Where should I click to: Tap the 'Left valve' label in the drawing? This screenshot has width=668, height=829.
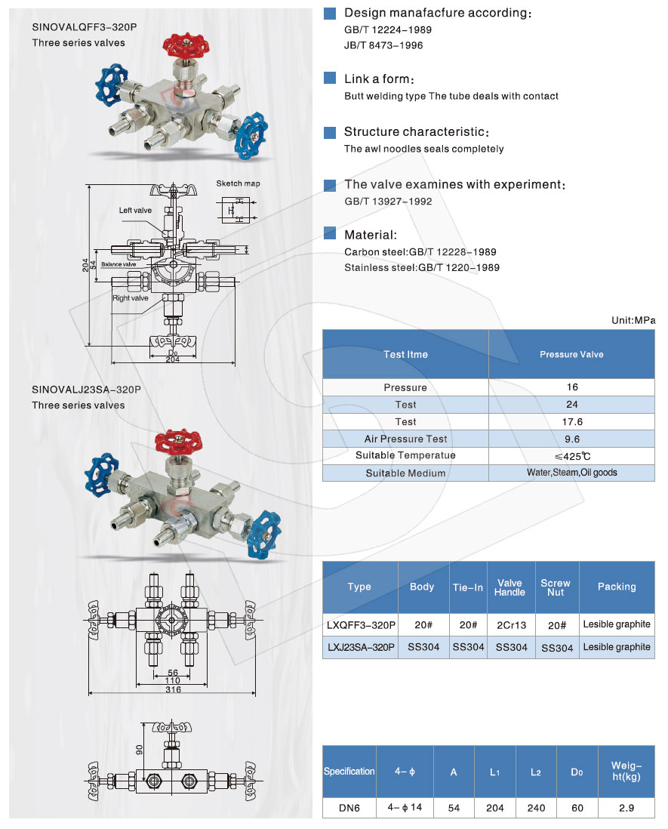[x=135, y=211]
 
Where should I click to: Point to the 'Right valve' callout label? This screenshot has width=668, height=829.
[x=130, y=298]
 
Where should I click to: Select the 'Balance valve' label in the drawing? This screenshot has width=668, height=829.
[x=119, y=264]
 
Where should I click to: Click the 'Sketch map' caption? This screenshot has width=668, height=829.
[x=238, y=183]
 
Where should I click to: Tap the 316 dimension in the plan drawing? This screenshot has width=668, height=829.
[x=173, y=689]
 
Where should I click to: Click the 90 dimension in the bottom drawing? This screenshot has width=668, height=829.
[x=140, y=750]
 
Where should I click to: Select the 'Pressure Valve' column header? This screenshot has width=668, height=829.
[x=571, y=354]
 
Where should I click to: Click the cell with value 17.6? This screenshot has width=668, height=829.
[x=572, y=422]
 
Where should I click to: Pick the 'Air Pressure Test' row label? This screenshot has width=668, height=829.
[x=405, y=439]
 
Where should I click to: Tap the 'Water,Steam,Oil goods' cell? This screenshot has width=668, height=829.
[x=572, y=473]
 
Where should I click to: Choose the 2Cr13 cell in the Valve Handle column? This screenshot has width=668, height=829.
[x=511, y=625]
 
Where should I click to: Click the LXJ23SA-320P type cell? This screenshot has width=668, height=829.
[x=361, y=647]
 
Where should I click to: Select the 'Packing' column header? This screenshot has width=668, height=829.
[x=617, y=587]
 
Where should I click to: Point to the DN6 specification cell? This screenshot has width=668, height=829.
[x=349, y=808]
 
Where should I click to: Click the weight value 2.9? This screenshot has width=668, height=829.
[x=626, y=808]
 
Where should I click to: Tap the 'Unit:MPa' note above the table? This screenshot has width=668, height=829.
[x=633, y=320]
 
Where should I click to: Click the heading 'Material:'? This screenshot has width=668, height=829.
[x=371, y=235]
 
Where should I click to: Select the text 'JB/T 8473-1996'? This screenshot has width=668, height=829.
[x=383, y=45]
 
